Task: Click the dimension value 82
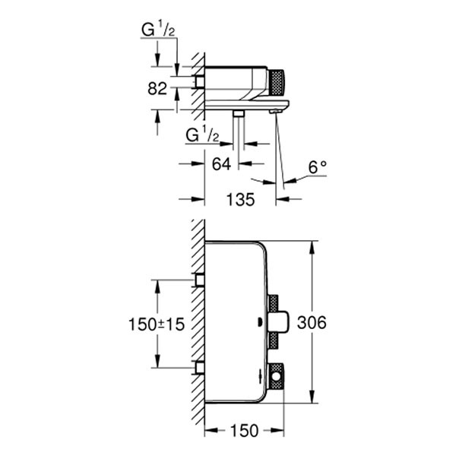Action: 157,89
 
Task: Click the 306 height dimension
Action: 312,323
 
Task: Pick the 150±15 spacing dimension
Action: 156,324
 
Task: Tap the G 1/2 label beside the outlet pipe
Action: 203,136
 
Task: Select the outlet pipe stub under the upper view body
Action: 239,113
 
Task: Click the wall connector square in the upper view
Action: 200,81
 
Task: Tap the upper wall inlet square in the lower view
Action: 200,280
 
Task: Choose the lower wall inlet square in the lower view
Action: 200,368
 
